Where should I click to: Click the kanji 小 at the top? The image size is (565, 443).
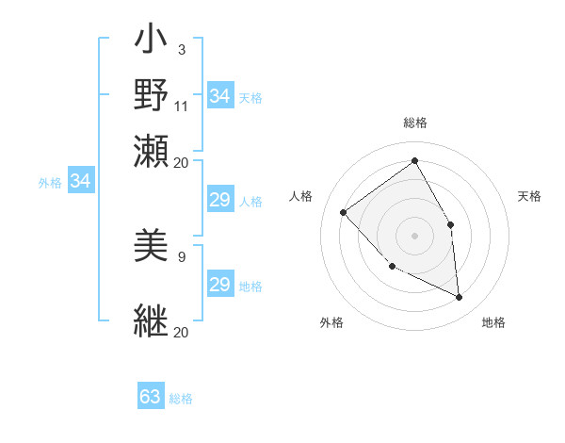tap(152, 43)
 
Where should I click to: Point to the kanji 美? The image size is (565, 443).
tap(152, 247)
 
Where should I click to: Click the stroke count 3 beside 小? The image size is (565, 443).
tap(181, 49)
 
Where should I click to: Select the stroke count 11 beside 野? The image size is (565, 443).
tap(182, 105)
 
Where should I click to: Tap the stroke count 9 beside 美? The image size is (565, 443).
tap(182, 255)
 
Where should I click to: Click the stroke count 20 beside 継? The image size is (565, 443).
tap(182, 332)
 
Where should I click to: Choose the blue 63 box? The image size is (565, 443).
tap(151, 397)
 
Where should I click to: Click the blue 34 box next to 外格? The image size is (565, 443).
tap(80, 181)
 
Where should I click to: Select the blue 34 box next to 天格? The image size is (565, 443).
tap(220, 95)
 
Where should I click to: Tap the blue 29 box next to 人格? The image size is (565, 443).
tap(220, 200)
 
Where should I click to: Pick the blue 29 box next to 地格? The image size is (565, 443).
tap(220, 285)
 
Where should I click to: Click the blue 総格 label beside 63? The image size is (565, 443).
tap(181, 399)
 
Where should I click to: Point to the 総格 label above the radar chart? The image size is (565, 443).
tap(414, 123)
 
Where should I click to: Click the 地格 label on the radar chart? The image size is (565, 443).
tap(493, 322)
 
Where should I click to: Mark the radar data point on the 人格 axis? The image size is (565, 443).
tap(344, 212)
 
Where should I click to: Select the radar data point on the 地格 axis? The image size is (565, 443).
tap(459, 297)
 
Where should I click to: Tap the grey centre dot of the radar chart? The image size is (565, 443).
tap(414, 235)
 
